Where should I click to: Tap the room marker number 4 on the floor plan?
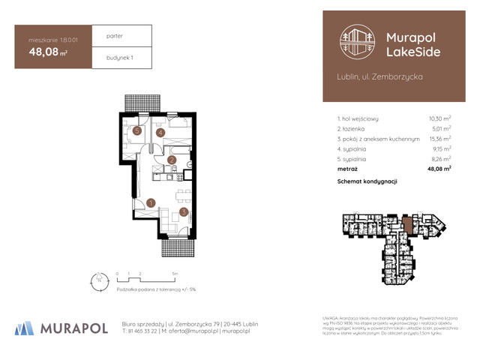tap(160, 133)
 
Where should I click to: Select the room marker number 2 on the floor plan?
tap(172, 159)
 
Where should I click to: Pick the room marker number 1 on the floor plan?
tap(151, 202)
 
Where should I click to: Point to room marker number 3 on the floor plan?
tap(184, 212)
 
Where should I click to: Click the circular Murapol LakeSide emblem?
tap(357, 42)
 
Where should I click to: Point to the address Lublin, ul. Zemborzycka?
tap(380, 76)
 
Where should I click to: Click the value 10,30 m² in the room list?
tap(439, 118)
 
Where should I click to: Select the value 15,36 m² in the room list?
tap(439, 139)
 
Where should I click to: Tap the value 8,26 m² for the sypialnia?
tap(439, 159)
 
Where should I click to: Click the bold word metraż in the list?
tap(349, 169)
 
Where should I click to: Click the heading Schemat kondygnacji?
tap(367, 181)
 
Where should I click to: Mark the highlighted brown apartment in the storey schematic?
tap(407, 225)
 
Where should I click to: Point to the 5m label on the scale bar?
tap(175, 274)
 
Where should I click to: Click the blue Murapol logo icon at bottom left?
tap(24, 328)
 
